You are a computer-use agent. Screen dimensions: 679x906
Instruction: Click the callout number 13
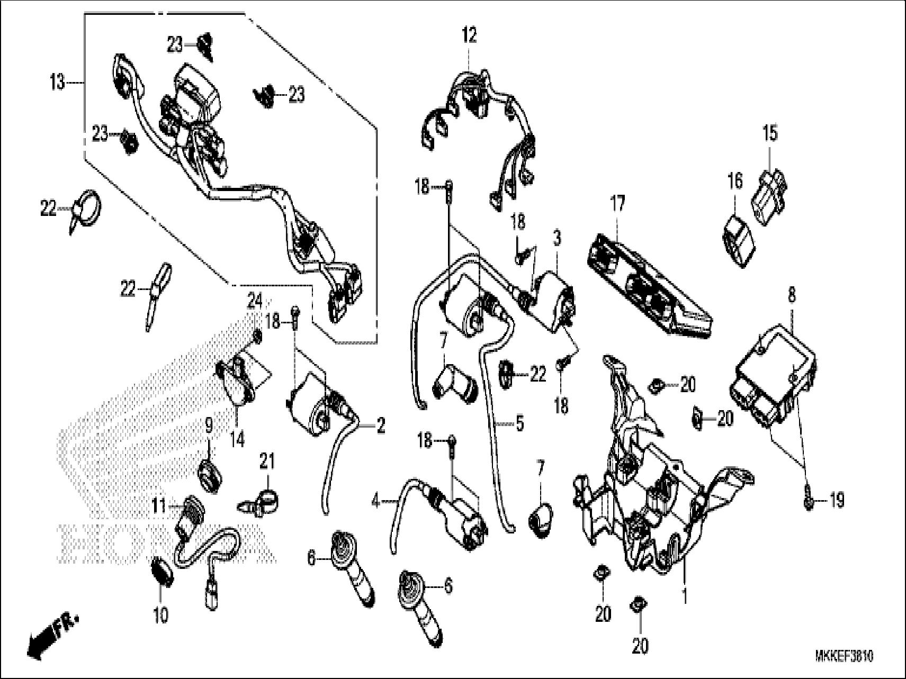click(57, 83)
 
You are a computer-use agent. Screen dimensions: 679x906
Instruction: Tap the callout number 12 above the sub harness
click(469, 36)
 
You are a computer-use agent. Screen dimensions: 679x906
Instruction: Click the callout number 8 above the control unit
click(792, 296)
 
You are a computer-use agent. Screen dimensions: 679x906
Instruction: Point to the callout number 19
click(837, 501)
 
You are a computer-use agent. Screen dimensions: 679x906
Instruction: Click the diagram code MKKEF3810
click(844, 657)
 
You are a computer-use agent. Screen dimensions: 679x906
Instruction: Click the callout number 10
click(161, 615)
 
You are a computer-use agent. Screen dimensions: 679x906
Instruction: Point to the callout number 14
click(238, 439)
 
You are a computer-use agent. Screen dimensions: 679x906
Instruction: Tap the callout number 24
click(255, 302)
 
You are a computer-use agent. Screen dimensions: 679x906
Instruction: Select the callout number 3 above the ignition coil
click(557, 238)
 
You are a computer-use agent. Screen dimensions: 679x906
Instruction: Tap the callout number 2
click(381, 426)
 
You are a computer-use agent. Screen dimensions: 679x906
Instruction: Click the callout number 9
click(208, 424)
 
